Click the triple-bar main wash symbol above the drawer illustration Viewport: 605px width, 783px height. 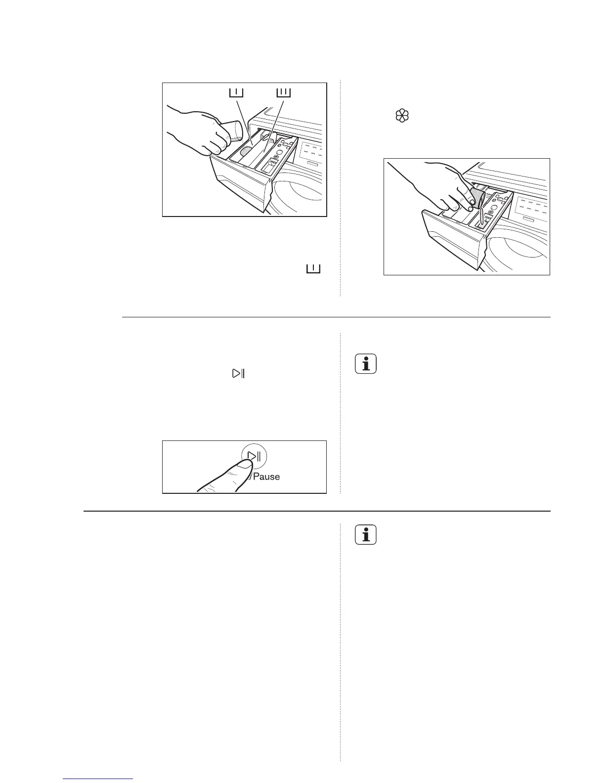[283, 92]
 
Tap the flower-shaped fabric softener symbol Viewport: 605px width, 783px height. [402, 117]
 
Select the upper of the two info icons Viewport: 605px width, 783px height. [366, 364]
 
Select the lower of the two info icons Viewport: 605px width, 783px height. [366, 535]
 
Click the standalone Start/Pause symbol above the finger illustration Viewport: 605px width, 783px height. [238, 374]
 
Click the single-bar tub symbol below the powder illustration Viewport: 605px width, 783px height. [313, 268]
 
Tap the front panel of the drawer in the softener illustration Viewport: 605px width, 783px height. [450, 237]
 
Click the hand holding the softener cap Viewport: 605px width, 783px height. [435, 188]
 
